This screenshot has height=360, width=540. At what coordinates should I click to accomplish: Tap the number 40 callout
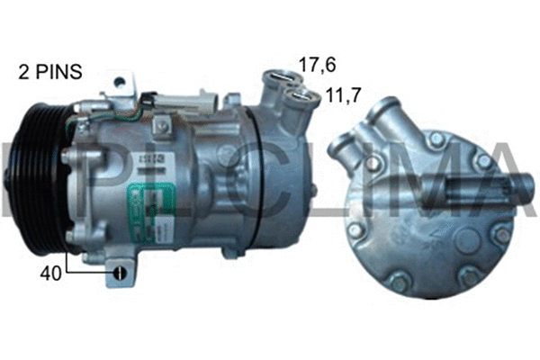pos(51,273)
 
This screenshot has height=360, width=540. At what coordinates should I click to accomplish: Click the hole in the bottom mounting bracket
pos(118,274)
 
